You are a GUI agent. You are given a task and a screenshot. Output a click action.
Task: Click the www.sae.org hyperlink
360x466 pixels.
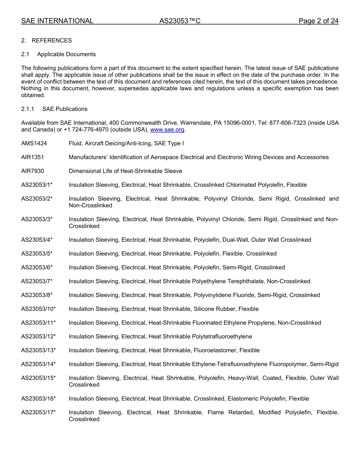click(167, 130)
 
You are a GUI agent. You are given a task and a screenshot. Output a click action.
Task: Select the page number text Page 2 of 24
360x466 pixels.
click(318, 21)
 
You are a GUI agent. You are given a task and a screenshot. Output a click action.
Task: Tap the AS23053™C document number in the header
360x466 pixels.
click(180, 21)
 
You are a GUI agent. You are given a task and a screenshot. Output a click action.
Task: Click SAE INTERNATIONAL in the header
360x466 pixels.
click(57, 21)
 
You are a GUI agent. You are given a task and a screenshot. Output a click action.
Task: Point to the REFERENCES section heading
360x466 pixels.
click(52, 41)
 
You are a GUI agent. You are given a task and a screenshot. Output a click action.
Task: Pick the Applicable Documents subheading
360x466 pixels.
click(66, 54)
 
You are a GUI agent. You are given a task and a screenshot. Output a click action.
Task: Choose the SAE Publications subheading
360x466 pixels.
click(65, 109)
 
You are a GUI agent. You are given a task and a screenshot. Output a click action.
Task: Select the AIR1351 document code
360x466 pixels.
click(33, 157)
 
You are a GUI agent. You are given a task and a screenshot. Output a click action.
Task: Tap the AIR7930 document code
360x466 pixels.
click(33, 171)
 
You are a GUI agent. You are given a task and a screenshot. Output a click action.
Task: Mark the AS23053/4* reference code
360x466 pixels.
click(37, 240)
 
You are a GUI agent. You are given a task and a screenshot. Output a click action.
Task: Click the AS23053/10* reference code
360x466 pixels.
click(38, 309)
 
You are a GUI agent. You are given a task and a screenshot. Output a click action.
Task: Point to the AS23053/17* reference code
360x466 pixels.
click(38, 413)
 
